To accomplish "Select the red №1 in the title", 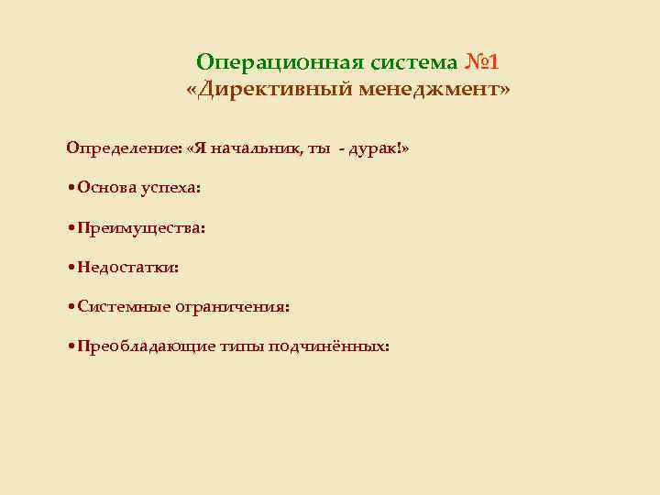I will [481, 62].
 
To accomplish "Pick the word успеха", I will [171, 188].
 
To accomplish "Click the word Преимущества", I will [141, 226].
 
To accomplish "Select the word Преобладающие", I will [147, 346].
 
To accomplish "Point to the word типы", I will [242, 347].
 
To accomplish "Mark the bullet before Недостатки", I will [71, 268].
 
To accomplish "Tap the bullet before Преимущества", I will [71, 227].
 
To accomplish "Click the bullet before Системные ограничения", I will [71, 307].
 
